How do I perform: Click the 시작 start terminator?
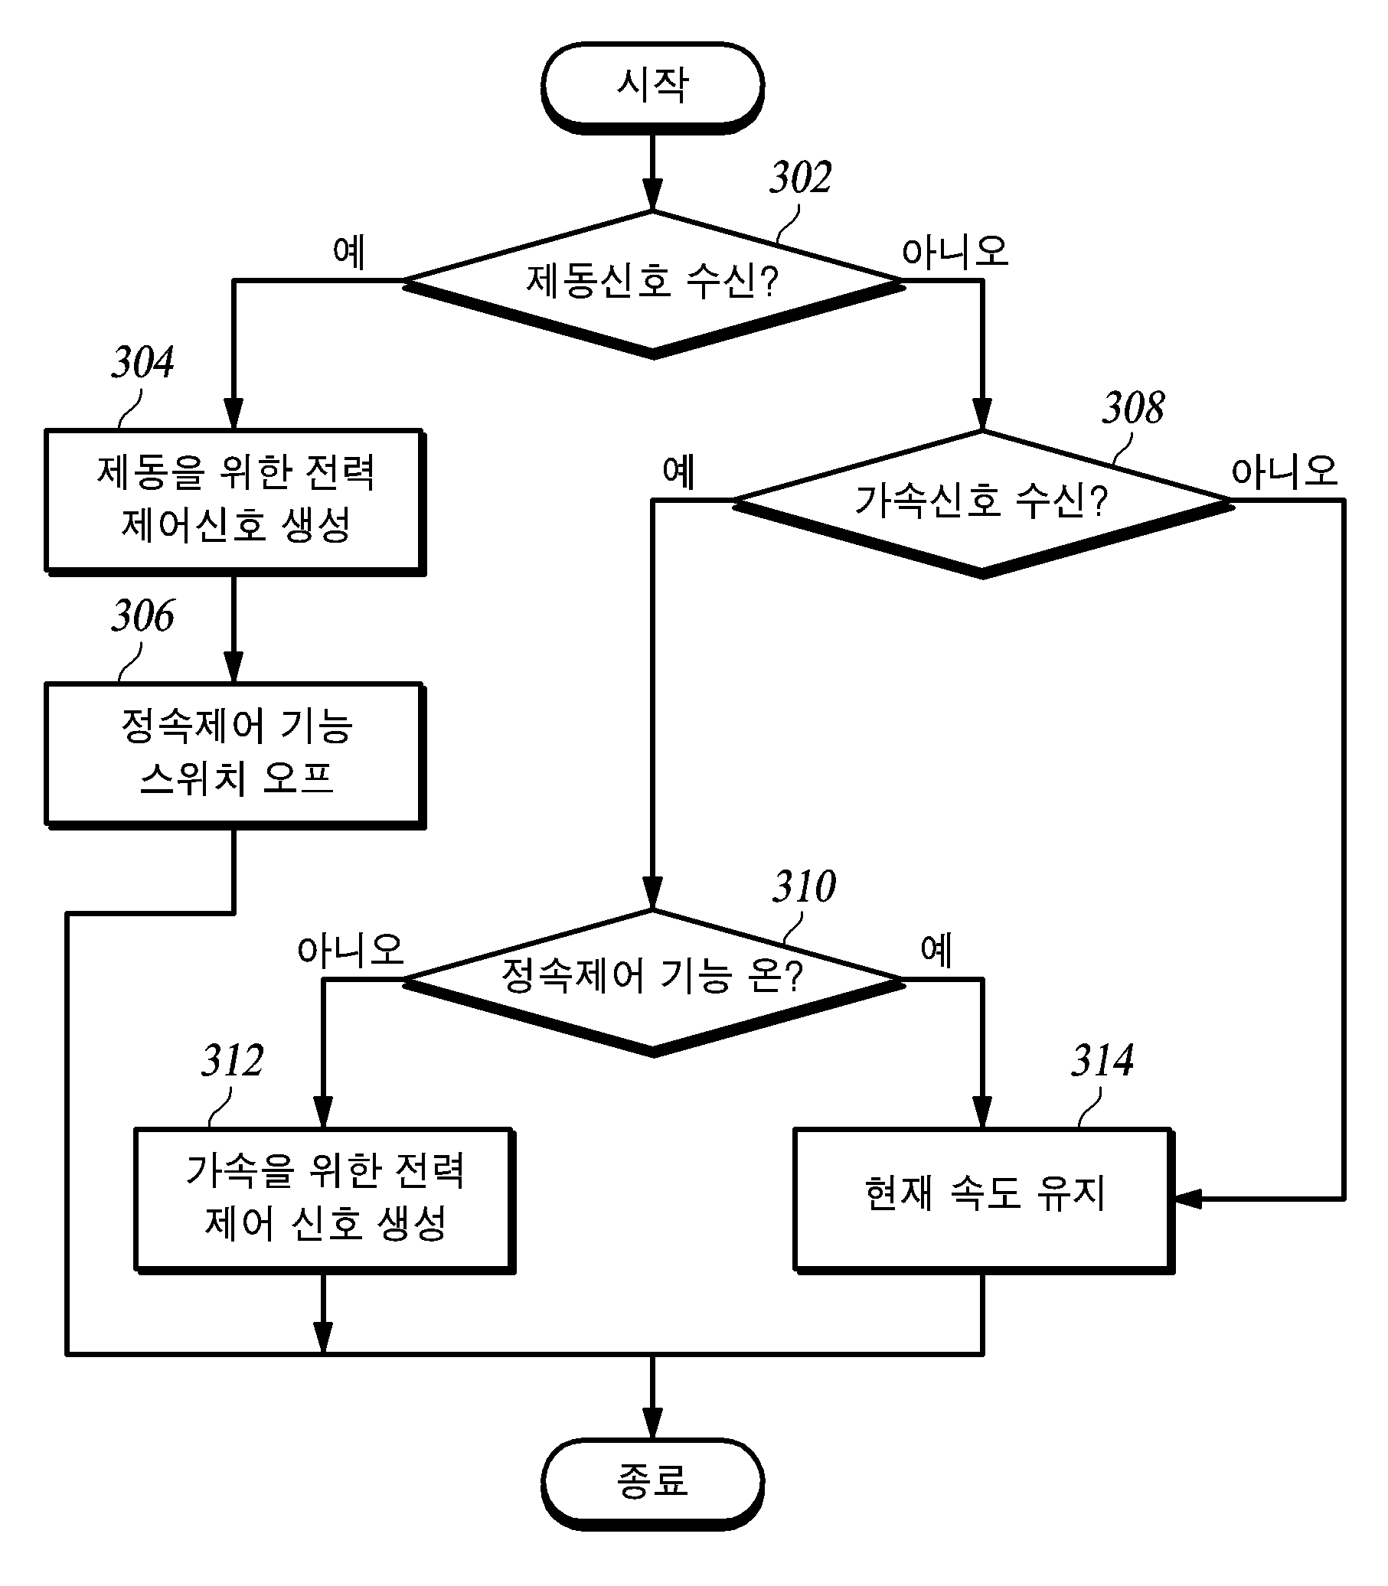(652, 87)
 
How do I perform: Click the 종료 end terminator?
(652, 1483)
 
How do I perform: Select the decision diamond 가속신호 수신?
(982, 504)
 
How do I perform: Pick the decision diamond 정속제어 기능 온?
(653, 983)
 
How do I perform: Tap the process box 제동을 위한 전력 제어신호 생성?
(235, 502)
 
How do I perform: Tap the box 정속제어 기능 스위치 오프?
(235, 755)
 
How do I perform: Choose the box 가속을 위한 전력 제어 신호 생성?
(325, 1201)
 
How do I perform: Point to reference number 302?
(800, 178)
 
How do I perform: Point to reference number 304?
(142, 362)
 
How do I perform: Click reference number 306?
(142, 616)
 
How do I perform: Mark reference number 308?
(1132, 408)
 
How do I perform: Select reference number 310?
(804, 886)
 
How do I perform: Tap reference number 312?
(233, 1061)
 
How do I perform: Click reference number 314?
(1102, 1061)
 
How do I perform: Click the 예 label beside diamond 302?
(348, 252)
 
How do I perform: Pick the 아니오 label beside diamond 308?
(1285, 471)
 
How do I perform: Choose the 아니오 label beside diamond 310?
(351, 949)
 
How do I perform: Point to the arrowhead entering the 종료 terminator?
(652, 1423)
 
